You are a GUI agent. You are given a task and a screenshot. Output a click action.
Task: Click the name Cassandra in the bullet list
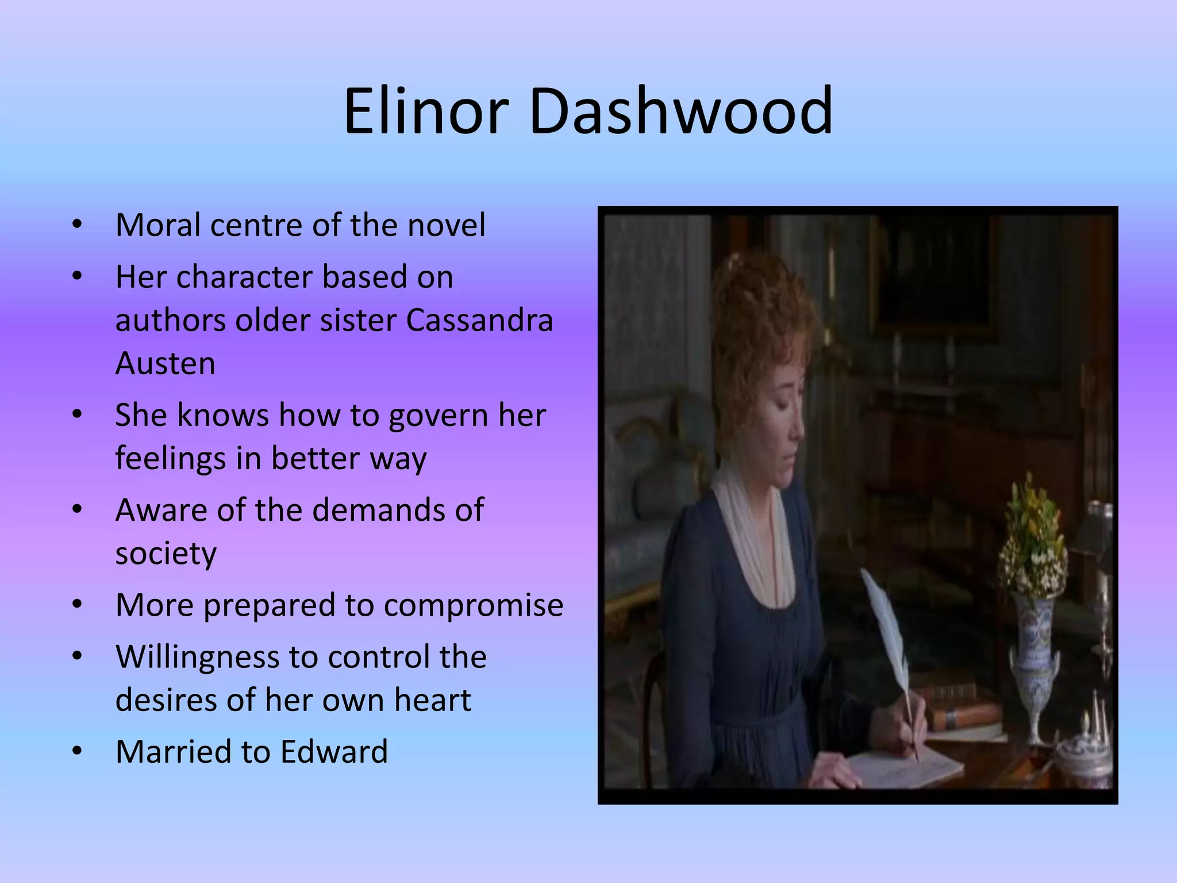coord(479,320)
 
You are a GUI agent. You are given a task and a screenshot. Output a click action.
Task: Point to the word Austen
coord(166,363)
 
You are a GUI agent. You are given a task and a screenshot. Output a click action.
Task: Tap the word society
coord(166,554)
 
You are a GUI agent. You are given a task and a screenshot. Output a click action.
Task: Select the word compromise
coord(474,606)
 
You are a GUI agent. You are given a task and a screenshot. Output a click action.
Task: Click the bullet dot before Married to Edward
coord(78,751)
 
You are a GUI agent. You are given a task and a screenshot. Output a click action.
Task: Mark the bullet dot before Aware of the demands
coord(78,510)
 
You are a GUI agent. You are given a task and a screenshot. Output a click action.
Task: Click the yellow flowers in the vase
coord(1032,535)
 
